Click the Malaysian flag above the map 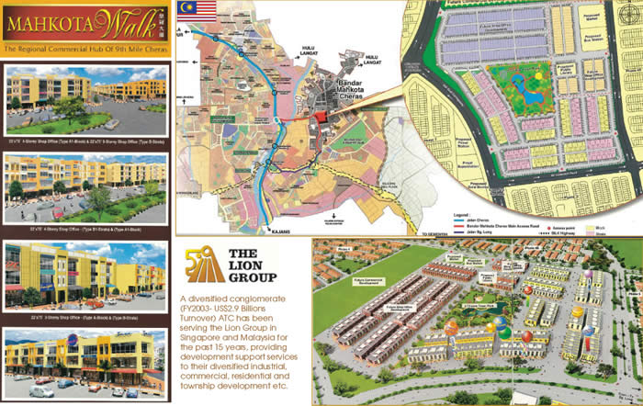click(x=197, y=11)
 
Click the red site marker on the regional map click(x=320, y=118)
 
